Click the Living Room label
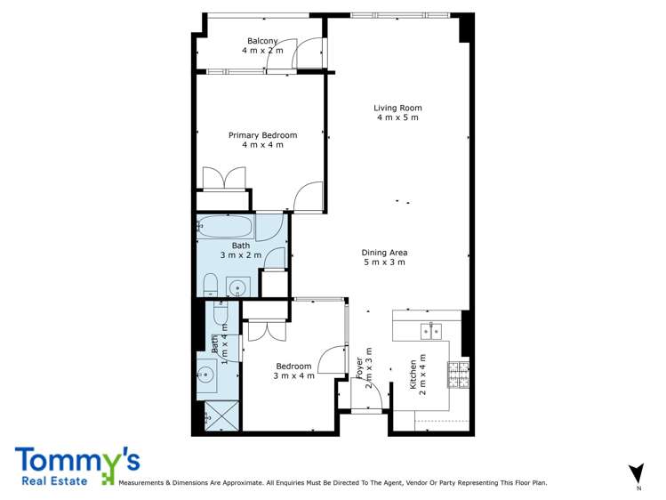coord(397,108)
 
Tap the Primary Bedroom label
coord(262,135)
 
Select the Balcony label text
coord(262,41)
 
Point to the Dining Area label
coord(384,253)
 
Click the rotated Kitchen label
coord(413,375)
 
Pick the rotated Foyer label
coord(359,368)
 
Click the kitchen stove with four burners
coord(458,375)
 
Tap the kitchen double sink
coord(431,331)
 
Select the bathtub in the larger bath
coord(226,226)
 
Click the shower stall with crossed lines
coord(221,415)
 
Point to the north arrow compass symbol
coord(637,472)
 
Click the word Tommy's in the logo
coord(77,460)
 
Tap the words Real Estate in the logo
coord(54,481)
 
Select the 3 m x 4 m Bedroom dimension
coord(294,376)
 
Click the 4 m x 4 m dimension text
coord(262,145)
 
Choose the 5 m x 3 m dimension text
coord(384,262)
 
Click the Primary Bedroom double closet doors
coord(224,179)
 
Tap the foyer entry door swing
coord(367,393)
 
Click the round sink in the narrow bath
coord(206,375)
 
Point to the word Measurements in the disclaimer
coord(141,483)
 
